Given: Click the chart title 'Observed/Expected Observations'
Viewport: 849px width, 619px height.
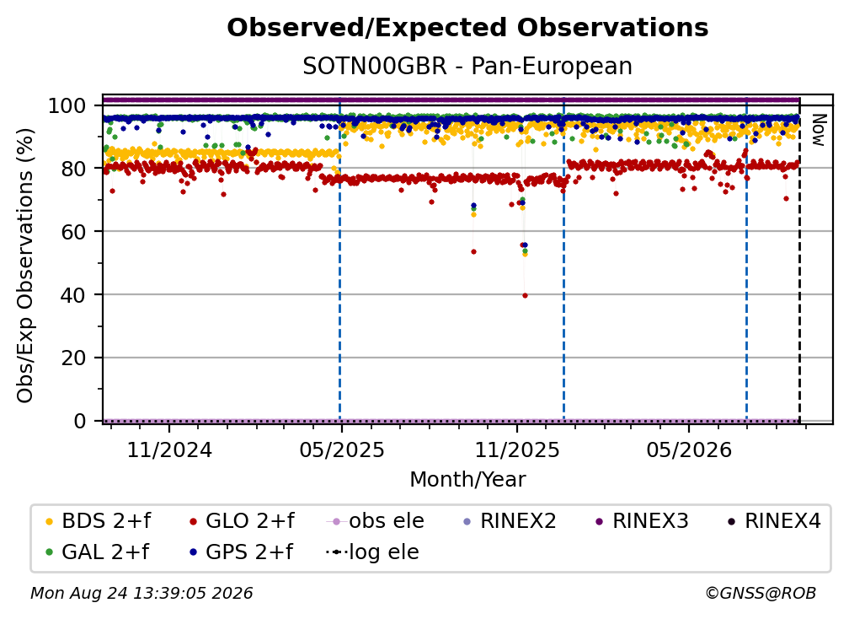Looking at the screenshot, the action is (x=467, y=28).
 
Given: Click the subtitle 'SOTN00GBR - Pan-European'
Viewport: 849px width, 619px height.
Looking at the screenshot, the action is (x=467, y=67).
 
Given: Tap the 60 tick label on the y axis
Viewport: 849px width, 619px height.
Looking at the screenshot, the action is (x=73, y=232).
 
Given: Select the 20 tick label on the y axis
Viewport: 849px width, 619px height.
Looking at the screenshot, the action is (x=73, y=358).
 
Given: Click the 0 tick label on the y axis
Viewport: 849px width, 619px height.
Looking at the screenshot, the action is (x=79, y=421).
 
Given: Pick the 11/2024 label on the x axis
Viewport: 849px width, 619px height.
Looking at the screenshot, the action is (x=169, y=449).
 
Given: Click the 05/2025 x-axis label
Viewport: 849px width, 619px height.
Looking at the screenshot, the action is (x=342, y=449).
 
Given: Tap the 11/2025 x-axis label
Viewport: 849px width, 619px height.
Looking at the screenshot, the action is (x=517, y=449).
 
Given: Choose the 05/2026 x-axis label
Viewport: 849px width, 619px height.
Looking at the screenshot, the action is (x=689, y=449).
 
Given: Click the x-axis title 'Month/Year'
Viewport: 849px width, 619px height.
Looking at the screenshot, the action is (x=467, y=480).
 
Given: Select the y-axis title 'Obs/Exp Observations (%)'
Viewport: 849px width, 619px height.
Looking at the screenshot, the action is (x=25, y=265).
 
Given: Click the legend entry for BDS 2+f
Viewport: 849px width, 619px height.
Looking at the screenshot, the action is (x=99, y=521).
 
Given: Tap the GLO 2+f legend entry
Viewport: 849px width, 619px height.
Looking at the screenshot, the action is (x=242, y=521).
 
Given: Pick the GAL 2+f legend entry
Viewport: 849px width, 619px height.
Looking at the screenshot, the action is (x=98, y=552).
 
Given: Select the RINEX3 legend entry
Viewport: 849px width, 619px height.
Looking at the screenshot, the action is (x=642, y=521).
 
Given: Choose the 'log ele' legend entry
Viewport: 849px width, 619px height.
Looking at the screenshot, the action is (x=372, y=552).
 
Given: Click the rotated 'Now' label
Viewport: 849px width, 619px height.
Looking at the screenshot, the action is (x=818, y=130).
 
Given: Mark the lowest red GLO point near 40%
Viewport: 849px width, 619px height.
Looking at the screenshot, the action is (x=525, y=295).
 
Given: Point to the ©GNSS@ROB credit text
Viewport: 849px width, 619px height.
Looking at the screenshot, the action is (x=761, y=593).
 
